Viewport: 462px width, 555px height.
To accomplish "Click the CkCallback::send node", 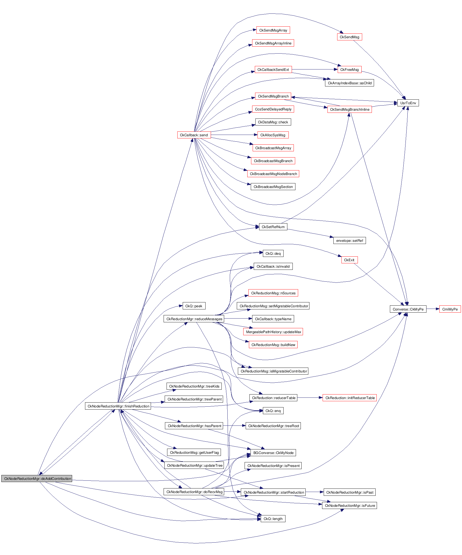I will (194, 135).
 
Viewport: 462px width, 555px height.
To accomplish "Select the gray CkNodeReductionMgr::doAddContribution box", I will (37, 479).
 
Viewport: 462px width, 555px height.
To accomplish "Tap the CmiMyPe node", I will (450, 309).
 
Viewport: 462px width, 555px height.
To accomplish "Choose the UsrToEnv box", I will (408, 103).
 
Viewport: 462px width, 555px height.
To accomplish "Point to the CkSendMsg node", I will (349, 37).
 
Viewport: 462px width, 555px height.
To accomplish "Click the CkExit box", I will (349, 260).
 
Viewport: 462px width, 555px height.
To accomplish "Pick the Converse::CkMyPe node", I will (408, 309).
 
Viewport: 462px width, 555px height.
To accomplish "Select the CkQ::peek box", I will (194, 306).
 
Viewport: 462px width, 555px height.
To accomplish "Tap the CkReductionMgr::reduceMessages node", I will (194, 319).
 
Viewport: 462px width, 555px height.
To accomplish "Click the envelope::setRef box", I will (349, 240).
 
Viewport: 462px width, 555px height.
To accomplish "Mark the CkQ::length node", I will (273, 519).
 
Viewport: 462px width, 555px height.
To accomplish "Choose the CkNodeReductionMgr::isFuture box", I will (350, 505).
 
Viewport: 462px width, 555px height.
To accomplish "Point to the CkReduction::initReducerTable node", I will (350, 398).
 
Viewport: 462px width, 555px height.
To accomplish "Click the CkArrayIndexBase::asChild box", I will (349, 83).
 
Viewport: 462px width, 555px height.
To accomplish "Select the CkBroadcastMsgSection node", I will (273, 187).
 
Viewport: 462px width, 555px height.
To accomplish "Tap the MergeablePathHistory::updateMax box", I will (273, 332).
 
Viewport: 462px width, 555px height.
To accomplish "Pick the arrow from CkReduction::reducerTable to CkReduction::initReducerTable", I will (310, 397).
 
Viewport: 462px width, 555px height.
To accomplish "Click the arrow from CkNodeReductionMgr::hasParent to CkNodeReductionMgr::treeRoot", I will (234, 426).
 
